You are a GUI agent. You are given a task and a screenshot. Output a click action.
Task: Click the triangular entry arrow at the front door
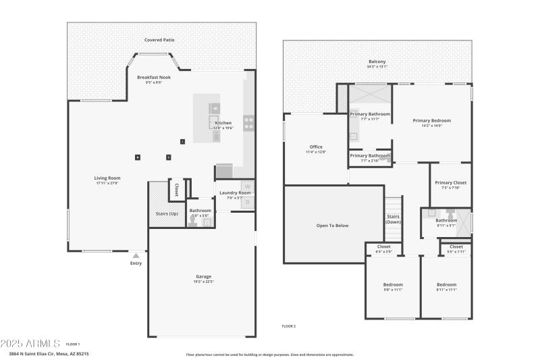coord(136,255)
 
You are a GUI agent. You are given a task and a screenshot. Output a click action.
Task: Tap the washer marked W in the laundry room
coord(247,186)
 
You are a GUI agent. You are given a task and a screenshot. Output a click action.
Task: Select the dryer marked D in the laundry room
coord(247,202)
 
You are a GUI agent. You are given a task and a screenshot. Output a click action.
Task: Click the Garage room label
coord(203,276)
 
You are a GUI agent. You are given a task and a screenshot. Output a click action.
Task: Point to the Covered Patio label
coord(159,40)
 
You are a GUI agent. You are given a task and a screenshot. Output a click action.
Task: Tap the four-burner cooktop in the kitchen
coord(248,123)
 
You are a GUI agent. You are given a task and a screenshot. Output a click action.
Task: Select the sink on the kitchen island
coord(214,107)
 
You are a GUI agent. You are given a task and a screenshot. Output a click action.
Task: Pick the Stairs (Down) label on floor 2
coord(393,218)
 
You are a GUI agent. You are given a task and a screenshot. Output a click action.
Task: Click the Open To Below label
coord(332,225)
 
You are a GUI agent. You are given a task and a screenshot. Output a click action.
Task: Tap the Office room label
coord(316,147)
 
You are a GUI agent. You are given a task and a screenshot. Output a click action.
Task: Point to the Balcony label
coord(377,61)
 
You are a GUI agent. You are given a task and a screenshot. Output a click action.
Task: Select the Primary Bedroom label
coord(431,120)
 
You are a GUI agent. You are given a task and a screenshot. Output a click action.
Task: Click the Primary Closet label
coord(450,182)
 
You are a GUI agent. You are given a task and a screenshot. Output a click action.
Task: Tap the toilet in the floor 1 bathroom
coord(193,222)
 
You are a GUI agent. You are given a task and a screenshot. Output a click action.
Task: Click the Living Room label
coord(107,178)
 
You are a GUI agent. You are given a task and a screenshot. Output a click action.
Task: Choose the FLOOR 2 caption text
coord(288,326)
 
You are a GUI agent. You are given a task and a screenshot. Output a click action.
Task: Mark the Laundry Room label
coord(235,193)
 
